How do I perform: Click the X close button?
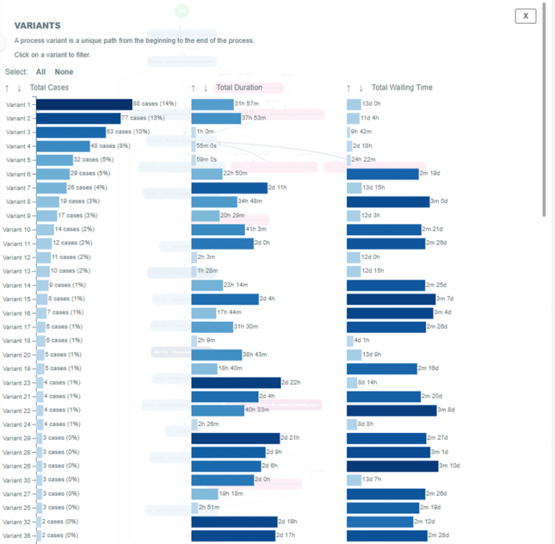coord(525,16)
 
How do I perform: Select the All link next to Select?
coord(41,71)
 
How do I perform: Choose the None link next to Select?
coord(64,71)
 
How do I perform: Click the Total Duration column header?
coord(239,87)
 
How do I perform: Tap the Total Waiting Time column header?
coord(402,87)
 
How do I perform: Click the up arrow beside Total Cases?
coord(7,87)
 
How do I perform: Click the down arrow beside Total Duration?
coord(205,87)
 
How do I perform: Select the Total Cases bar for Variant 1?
coord(83,104)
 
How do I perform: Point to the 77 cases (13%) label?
coord(143,118)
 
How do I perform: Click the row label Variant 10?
coord(17,230)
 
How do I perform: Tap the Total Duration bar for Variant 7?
coord(229,187)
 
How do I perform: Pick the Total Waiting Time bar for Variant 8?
coord(388,201)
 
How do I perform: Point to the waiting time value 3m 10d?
coord(449,466)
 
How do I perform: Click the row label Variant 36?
coord(17,535)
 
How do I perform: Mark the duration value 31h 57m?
coord(246,104)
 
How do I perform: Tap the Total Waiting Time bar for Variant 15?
coord(391,299)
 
